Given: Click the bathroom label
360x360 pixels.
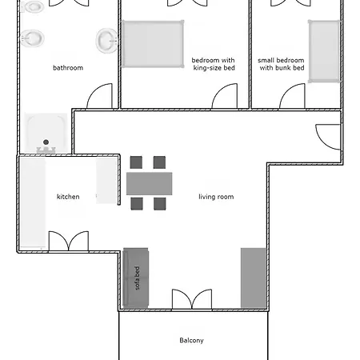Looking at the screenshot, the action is [68, 68].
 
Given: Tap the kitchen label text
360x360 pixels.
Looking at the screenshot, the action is [68, 197].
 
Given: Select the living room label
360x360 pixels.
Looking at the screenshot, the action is [216, 197].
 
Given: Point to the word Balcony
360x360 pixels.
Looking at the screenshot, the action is [191, 340].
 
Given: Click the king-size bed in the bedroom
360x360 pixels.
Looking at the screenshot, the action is [153, 44].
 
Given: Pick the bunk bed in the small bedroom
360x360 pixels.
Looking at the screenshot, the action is [324, 50].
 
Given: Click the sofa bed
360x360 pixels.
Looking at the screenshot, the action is [136, 278].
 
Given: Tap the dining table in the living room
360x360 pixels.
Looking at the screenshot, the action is [149, 183].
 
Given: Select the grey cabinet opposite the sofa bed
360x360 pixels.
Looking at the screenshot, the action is [254, 278].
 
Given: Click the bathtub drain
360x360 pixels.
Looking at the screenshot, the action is [46, 142].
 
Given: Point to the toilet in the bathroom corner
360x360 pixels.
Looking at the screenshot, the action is [32, 6].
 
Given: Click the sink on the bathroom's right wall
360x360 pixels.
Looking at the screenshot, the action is [106, 41].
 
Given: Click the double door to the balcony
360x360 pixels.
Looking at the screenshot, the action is [192, 299].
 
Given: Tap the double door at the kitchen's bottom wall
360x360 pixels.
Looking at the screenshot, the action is [69, 241].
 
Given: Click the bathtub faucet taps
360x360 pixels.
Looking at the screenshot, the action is [46, 150].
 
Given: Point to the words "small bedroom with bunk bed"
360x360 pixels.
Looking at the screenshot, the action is [281, 64].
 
